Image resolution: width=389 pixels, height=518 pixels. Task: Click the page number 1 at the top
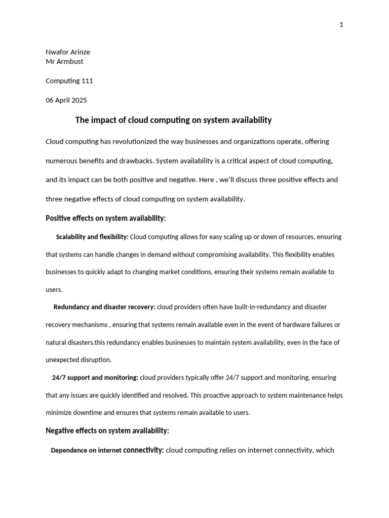tap(341, 25)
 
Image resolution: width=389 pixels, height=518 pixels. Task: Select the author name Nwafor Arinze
tap(68, 52)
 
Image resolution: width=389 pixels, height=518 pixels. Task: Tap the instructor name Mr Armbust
tap(64, 61)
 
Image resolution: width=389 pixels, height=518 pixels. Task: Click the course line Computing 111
tap(69, 81)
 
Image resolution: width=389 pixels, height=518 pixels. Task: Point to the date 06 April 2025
tap(66, 100)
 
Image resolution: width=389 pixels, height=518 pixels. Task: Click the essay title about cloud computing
tap(173, 120)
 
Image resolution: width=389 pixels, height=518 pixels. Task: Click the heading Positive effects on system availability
tap(106, 219)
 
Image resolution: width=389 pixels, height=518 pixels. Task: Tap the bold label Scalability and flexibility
tap(92, 237)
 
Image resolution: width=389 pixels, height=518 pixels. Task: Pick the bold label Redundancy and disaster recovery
tap(104, 307)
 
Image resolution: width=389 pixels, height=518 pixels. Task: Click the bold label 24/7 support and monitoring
tap(95, 377)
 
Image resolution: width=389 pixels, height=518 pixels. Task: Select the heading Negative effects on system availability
tap(107, 431)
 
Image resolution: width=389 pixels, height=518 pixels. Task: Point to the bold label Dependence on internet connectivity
tap(107, 450)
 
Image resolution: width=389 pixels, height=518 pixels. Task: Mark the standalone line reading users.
tap(54, 290)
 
